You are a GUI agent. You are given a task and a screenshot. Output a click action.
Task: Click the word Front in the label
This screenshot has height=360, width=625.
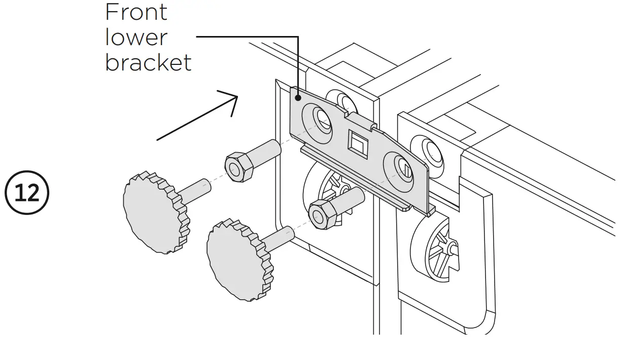click(x=136, y=12)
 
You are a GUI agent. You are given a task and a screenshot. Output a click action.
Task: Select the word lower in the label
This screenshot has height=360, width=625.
click(x=136, y=37)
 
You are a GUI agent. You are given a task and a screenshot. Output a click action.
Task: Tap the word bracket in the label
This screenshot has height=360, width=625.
click(x=148, y=62)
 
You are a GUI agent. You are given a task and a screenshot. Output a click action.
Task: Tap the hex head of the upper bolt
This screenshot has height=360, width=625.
click(x=238, y=166)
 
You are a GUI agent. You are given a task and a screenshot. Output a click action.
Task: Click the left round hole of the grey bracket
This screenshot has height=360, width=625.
click(x=320, y=118)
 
